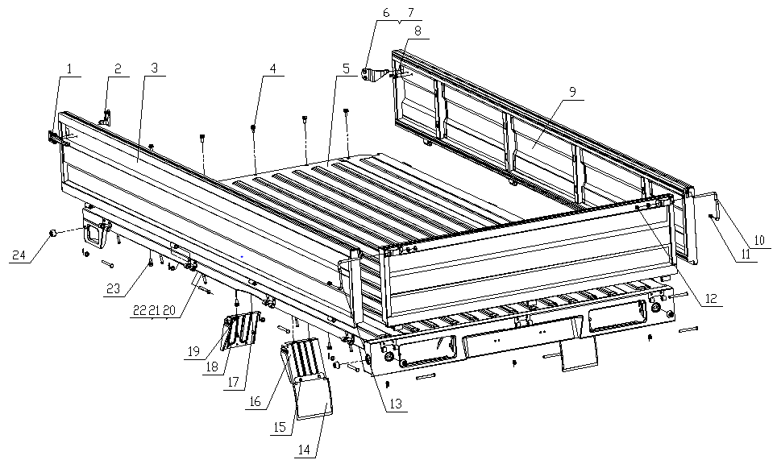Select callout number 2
(118, 69)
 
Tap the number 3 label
(155, 69)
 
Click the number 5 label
(346, 69)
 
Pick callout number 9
(571, 93)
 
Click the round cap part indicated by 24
(53, 233)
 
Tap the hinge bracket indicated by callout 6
(372, 75)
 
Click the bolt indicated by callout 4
(254, 127)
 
